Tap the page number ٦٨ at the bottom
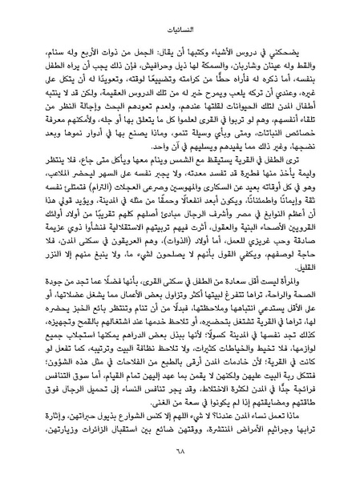pyautogui.click(x=180, y=457)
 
